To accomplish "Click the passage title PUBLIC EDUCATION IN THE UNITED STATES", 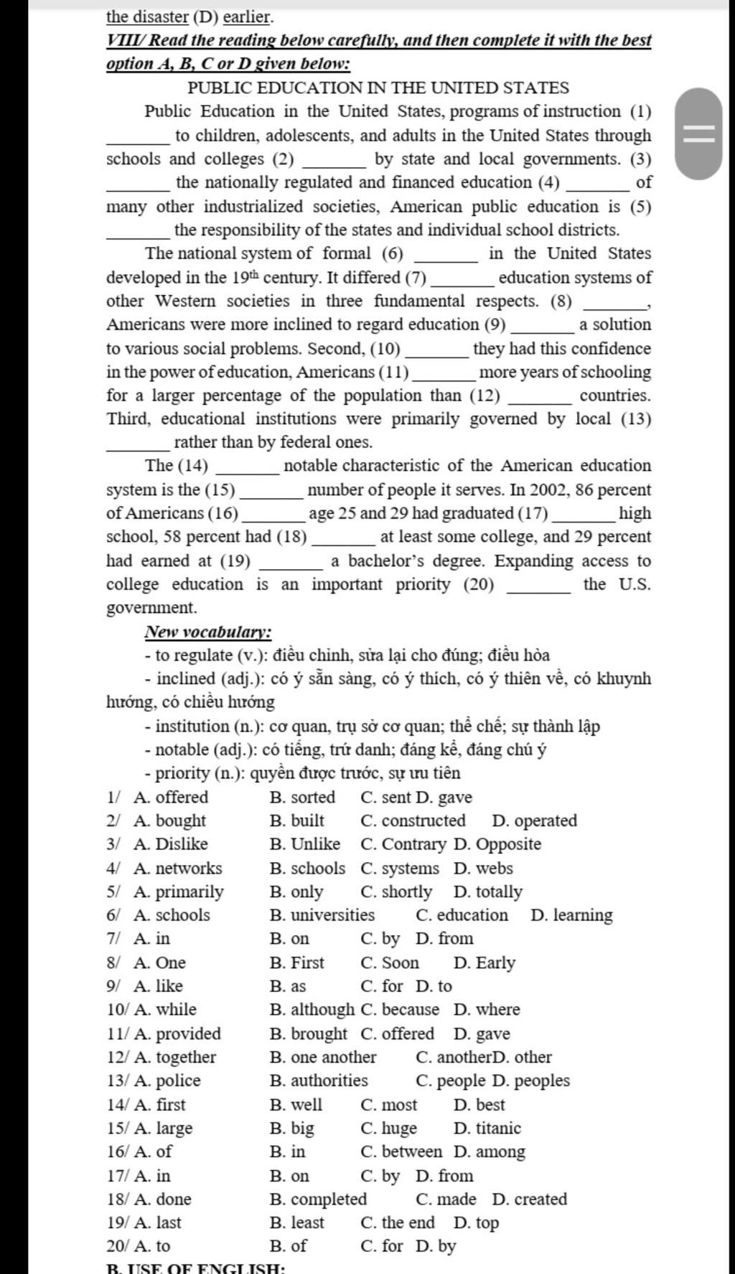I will (x=378, y=88).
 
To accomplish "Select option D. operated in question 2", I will (x=534, y=820).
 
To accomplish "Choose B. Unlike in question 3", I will (x=305, y=844).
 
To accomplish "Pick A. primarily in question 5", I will (x=178, y=891).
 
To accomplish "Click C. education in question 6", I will (x=462, y=915).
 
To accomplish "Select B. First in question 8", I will (x=297, y=962).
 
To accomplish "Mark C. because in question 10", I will (x=400, y=1009).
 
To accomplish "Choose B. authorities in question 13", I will (x=319, y=1080).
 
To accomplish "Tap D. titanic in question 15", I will (x=487, y=1128).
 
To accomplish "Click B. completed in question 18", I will (x=318, y=1199).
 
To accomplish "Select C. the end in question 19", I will (x=398, y=1222).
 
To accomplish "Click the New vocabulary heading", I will (x=208, y=632).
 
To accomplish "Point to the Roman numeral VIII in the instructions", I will (x=120, y=40).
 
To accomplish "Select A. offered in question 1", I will (x=171, y=797).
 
